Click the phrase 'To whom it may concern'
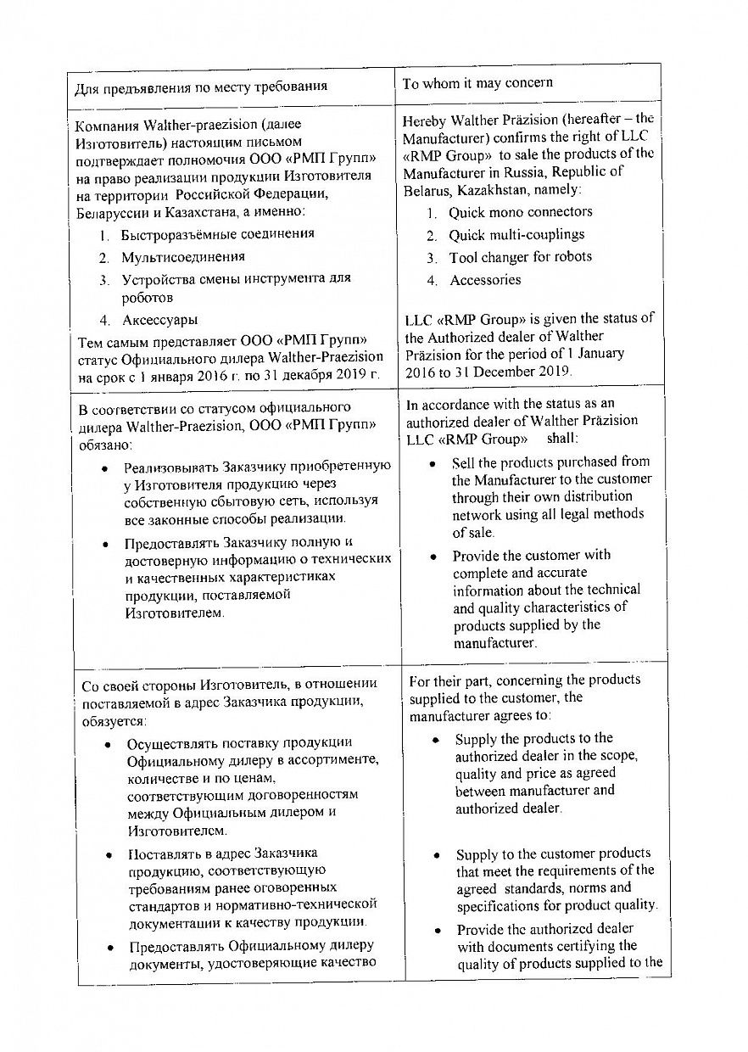[477, 83]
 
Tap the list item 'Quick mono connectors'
[520, 212]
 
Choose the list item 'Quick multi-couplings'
[516, 235]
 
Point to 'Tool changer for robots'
[520, 257]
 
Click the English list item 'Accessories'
[485, 280]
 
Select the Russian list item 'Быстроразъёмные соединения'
[218, 234]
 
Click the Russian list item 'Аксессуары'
[160, 320]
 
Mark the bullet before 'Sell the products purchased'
[433, 464]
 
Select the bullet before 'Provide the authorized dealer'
[438, 931]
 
